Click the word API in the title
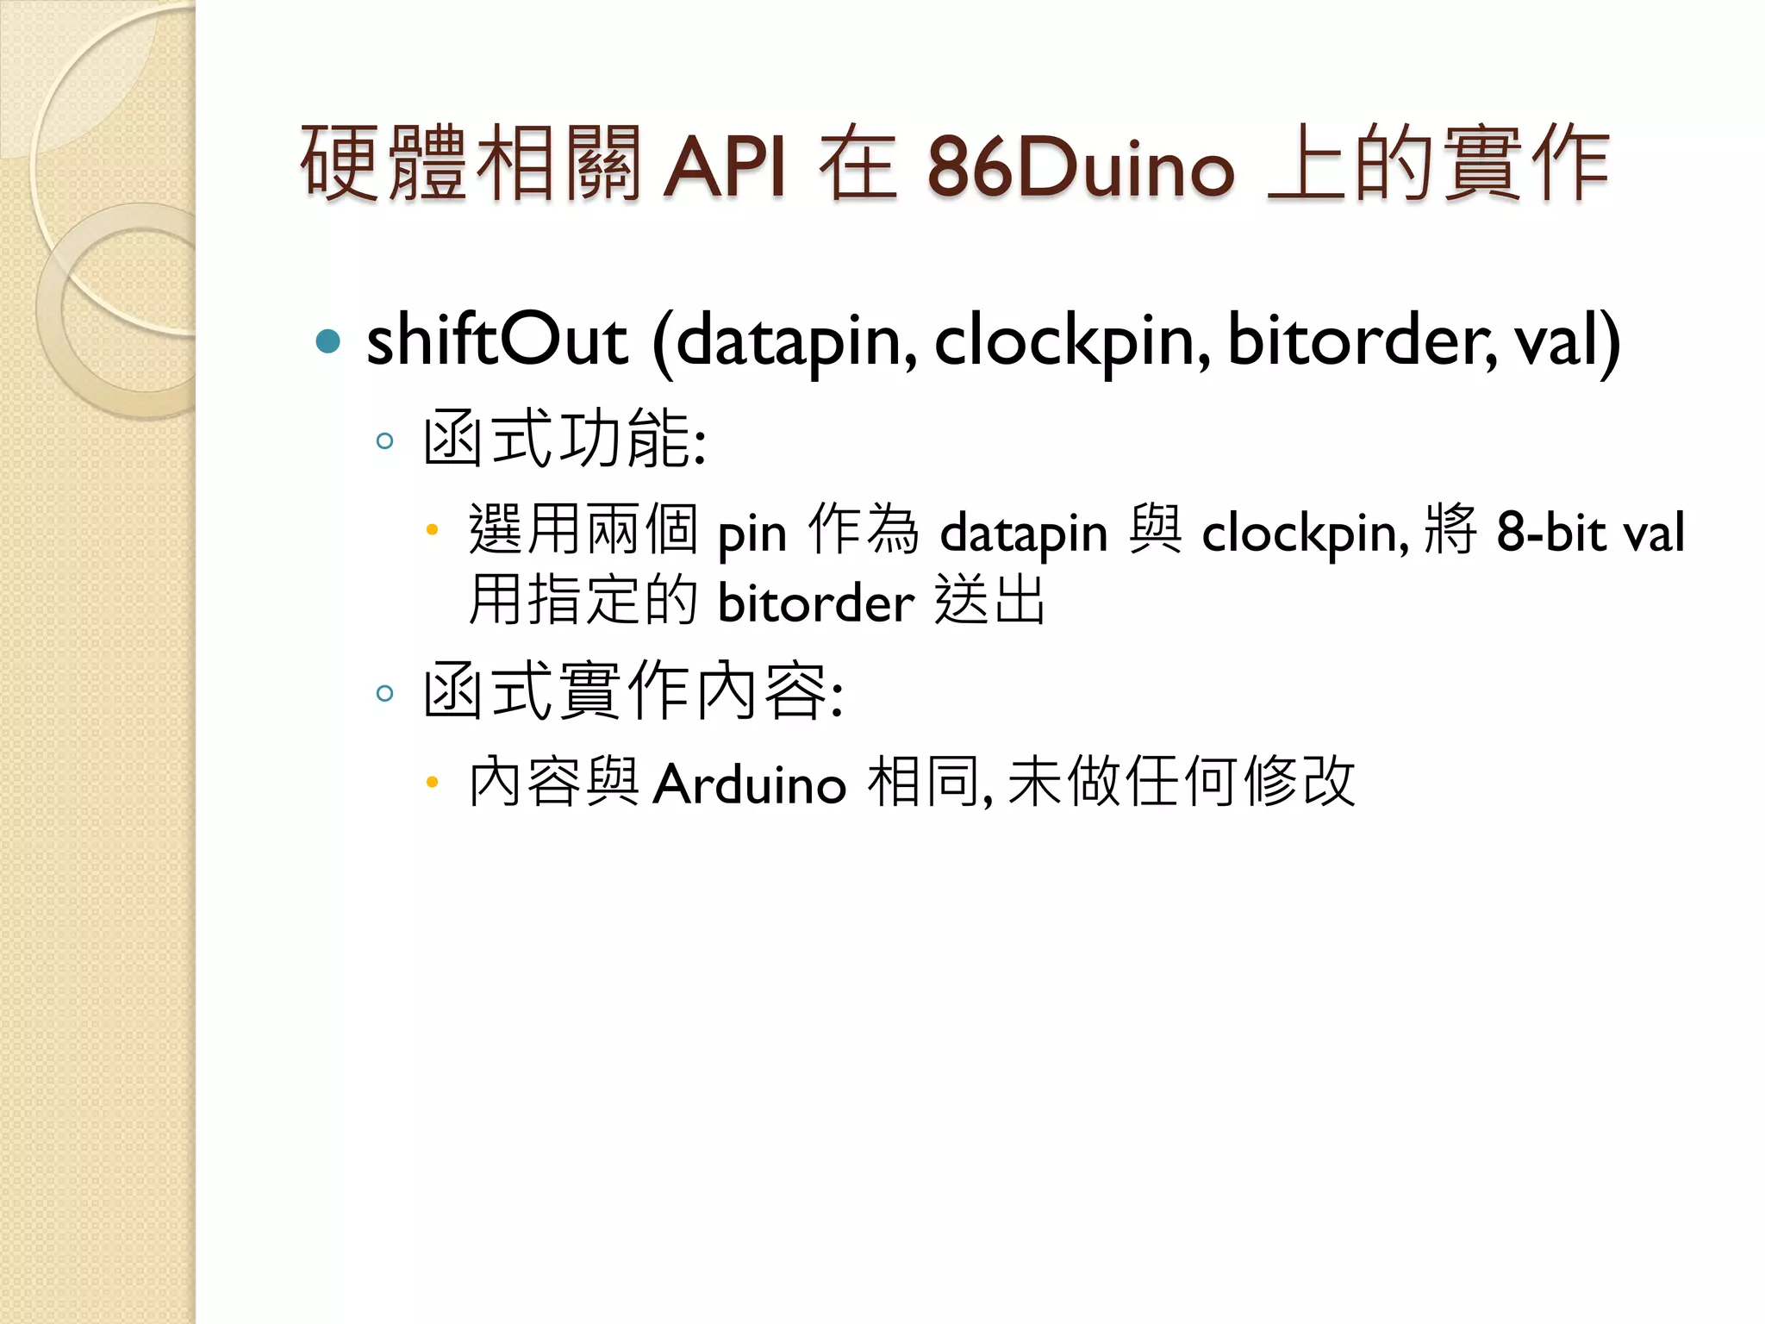tap(724, 165)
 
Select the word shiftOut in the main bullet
tap(496, 340)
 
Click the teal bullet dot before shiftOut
tap(328, 341)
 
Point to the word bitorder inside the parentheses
tap(1362, 340)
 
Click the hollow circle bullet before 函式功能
tap(385, 441)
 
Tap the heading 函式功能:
tap(564, 440)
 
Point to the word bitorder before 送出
tap(815, 602)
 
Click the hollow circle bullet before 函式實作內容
tap(385, 692)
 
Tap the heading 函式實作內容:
tap(633, 690)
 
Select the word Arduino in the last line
tap(749, 784)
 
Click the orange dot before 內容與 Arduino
tap(433, 783)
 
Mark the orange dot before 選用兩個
tap(433, 530)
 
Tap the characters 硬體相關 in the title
tap(471, 164)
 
